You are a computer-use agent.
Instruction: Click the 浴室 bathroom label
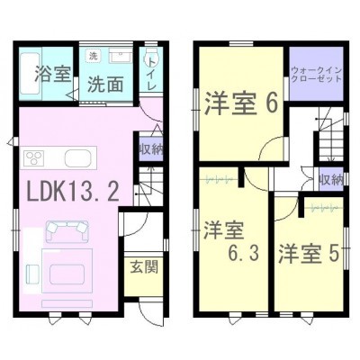52,74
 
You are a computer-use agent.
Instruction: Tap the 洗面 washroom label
105,85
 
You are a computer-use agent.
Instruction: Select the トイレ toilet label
152,74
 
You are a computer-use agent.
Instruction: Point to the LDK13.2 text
73,192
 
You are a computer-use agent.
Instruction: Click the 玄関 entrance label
144,266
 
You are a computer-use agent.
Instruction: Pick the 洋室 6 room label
240,103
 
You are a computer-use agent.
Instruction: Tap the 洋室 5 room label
309,254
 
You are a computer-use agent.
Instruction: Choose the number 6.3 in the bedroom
243,254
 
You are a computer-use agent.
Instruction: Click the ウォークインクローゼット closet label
317,75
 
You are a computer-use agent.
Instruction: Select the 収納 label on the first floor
150,149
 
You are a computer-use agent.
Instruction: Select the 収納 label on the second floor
330,179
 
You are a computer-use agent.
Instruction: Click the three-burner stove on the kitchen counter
34,157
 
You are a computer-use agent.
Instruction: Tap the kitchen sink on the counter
77,157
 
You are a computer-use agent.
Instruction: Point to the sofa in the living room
67,231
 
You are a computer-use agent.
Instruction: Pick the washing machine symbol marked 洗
94,57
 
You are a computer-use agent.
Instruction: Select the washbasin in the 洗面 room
121,56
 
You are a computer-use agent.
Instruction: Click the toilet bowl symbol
148,58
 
